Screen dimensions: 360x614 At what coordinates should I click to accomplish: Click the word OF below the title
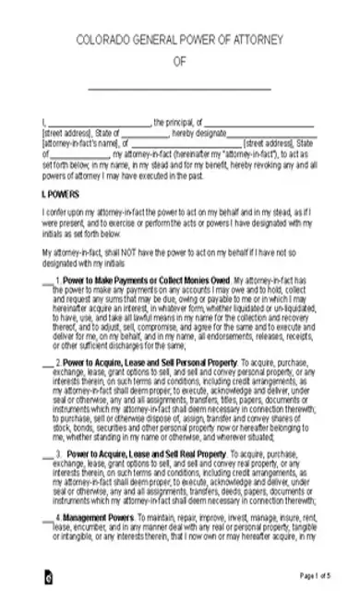(179, 62)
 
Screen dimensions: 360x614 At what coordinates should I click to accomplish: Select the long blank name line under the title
(179, 88)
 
